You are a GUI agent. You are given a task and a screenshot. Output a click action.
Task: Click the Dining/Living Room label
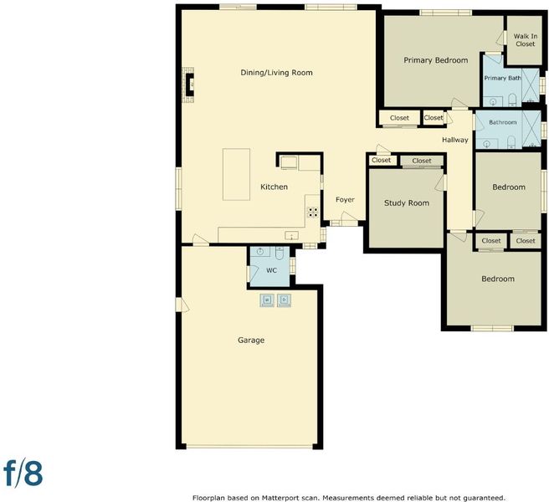(x=276, y=73)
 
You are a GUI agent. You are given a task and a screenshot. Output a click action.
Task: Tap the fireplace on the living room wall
(x=188, y=85)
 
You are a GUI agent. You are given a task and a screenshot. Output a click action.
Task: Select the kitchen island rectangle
(x=236, y=174)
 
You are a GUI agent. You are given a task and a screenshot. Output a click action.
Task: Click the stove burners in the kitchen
(x=313, y=213)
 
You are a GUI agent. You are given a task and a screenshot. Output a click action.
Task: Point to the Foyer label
(x=345, y=199)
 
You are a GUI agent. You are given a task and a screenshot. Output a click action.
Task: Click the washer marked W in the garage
(x=267, y=300)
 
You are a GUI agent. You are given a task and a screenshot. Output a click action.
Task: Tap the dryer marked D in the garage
(x=284, y=300)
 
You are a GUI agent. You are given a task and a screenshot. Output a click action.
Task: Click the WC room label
(x=272, y=270)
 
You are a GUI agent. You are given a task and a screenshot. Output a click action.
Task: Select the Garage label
(x=251, y=340)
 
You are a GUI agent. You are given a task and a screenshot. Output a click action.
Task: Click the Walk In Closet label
(x=526, y=40)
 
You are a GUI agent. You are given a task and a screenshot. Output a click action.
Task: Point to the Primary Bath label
(x=502, y=78)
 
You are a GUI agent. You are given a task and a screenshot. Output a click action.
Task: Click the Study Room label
(x=407, y=203)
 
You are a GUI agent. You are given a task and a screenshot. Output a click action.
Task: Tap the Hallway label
(x=454, y=140)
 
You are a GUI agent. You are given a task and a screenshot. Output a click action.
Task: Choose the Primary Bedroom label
(x=435, y=60)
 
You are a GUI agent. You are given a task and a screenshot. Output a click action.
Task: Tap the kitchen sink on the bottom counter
(x=291, y=236)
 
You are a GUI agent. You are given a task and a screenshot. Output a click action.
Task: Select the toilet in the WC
(x=280, y=254)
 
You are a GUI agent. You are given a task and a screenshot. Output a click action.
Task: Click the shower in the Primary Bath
(x=531, y=85)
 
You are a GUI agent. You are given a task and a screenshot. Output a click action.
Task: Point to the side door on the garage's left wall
(x=182, y=305)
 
